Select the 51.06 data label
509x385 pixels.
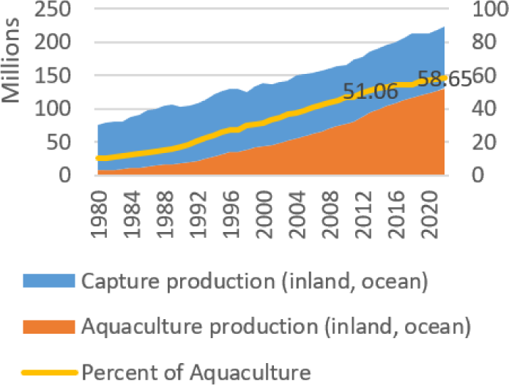(371, 91)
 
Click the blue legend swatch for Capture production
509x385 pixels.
(48, 280)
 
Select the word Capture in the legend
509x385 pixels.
(117, 281)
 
